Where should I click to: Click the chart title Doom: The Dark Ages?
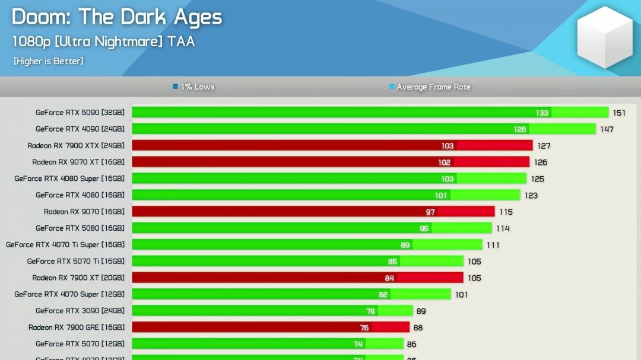[117, 17]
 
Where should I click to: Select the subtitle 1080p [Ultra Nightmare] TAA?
[103, 42]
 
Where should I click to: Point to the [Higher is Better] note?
[48, 61]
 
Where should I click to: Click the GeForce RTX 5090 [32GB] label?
[80, 112]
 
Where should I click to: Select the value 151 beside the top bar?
[619, 113]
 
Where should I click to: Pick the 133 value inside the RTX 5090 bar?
[542, 113]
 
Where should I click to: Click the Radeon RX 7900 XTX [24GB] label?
[76, 145]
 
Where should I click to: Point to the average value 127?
[544, 146]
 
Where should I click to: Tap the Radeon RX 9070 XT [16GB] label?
[78, 162]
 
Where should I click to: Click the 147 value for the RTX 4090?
[606, 129]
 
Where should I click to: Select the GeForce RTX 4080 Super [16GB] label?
[69, 179]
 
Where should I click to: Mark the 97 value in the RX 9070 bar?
[430, 212]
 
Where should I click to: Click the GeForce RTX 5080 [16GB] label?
[80, 228]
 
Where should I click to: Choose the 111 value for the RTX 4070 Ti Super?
[493, 245]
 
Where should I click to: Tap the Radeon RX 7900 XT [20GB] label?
[78, 278]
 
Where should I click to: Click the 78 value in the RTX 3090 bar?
[370, 311]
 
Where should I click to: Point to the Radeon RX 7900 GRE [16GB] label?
[77, 327]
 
